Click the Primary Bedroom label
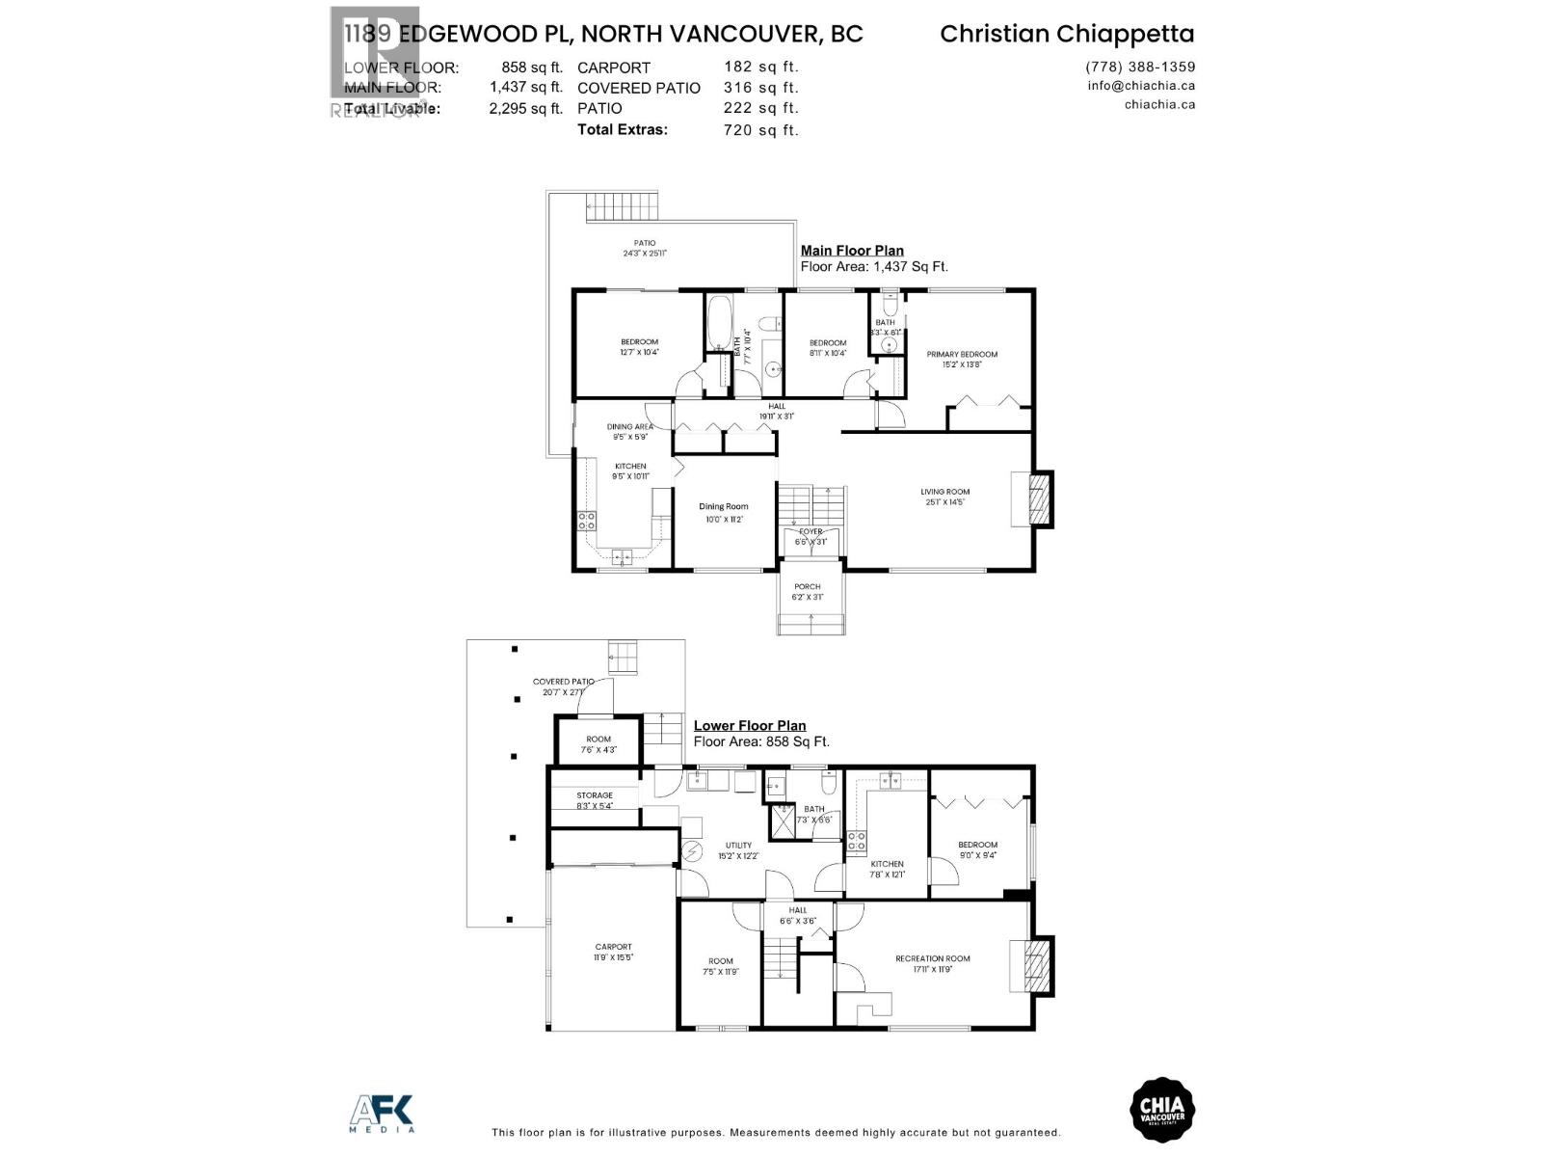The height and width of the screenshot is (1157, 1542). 962,355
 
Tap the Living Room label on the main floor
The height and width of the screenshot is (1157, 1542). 944,492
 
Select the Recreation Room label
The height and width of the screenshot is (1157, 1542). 932,958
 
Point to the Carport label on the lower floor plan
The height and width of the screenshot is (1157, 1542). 613,947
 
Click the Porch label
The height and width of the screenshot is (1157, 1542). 808,586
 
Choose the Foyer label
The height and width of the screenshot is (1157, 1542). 811,531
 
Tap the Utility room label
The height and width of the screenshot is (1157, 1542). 738,846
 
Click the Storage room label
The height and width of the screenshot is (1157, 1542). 595,795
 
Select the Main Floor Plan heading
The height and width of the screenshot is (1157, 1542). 852,251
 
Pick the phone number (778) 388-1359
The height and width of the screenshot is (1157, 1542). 1140,67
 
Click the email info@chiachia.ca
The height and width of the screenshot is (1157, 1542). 1141,85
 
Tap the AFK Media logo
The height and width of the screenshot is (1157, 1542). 382,1113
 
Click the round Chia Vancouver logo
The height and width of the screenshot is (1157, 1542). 1161,1112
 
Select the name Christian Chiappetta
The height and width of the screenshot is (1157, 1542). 1067,34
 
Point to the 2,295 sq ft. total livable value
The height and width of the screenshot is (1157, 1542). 525,109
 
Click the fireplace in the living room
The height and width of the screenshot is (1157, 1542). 1037,498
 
